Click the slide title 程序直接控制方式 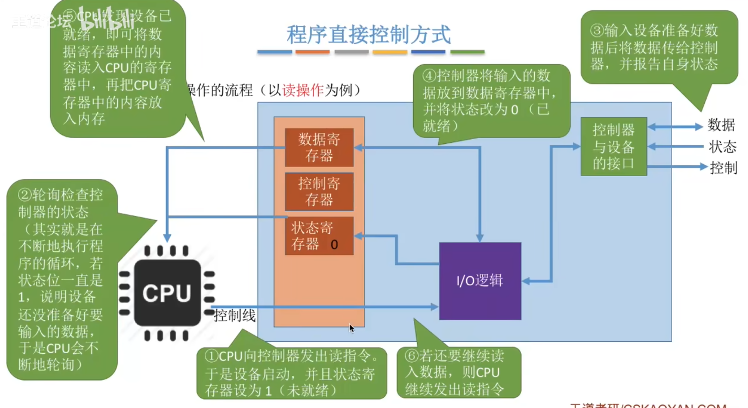pos(368,35)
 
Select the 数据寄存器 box pos(319,147)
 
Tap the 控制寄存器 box pos(319,191)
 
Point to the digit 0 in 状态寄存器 pos(334,245)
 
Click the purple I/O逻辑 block pos(480,281)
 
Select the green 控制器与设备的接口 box pos(613,146)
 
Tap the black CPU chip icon pos(167,293)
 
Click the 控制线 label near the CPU pos(235,316)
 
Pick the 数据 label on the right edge pos(721,125)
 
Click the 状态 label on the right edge pos(723,147)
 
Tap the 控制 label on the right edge pos(724,168)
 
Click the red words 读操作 pos(303,90)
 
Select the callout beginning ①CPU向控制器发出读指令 pos(291,373)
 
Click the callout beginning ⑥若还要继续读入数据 pos(459,373)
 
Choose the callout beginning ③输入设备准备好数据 pos(659,47)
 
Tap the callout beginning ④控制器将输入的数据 pos(491,101)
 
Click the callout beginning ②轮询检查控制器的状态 pos(61,279)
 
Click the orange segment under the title pos(312,52)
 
